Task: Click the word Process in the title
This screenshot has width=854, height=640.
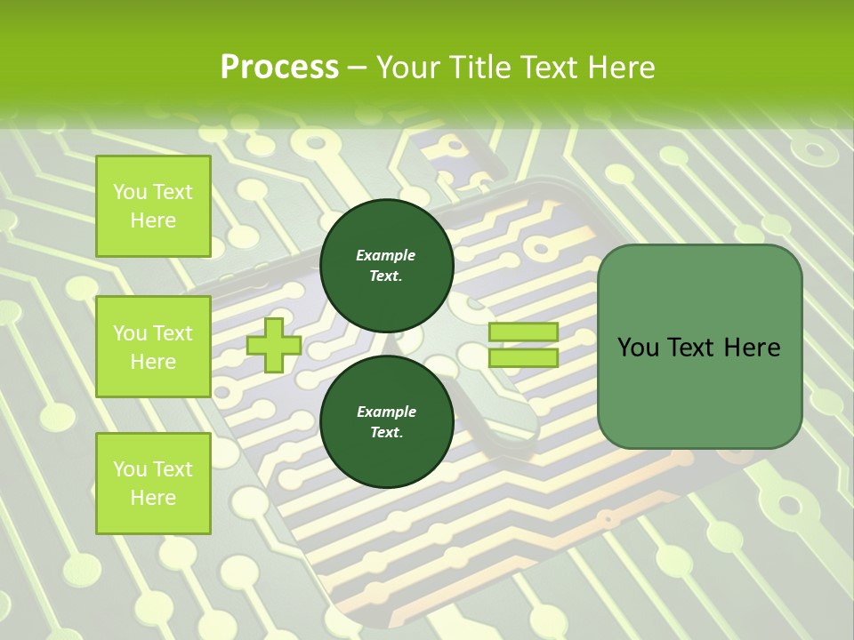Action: (x=279, y=68)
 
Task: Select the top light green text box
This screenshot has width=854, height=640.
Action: (x=153, y=206)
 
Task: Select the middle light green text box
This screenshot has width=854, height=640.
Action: (x=153, y=347)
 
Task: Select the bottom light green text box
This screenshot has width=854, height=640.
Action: (x=153, y=484)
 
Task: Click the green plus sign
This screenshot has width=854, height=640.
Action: (x=273, y=345)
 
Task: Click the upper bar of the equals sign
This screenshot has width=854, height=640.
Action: (x=523, y=332)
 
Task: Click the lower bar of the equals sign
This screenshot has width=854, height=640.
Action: (x=523, y=357)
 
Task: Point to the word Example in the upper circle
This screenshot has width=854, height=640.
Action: (x=386, y=256)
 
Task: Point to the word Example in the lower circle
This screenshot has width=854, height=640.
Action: (x=386, y=412)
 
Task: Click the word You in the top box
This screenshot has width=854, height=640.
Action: (x=131, y=192)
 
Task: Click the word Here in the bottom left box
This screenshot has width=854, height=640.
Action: (x=153, y=498)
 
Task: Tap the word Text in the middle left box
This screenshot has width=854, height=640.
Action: (x=172, y=333)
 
